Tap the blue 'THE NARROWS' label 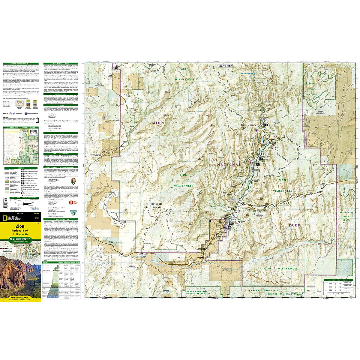pos(247,73)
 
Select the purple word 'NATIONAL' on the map pos(229,164)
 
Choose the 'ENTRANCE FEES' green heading pos(61,94)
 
